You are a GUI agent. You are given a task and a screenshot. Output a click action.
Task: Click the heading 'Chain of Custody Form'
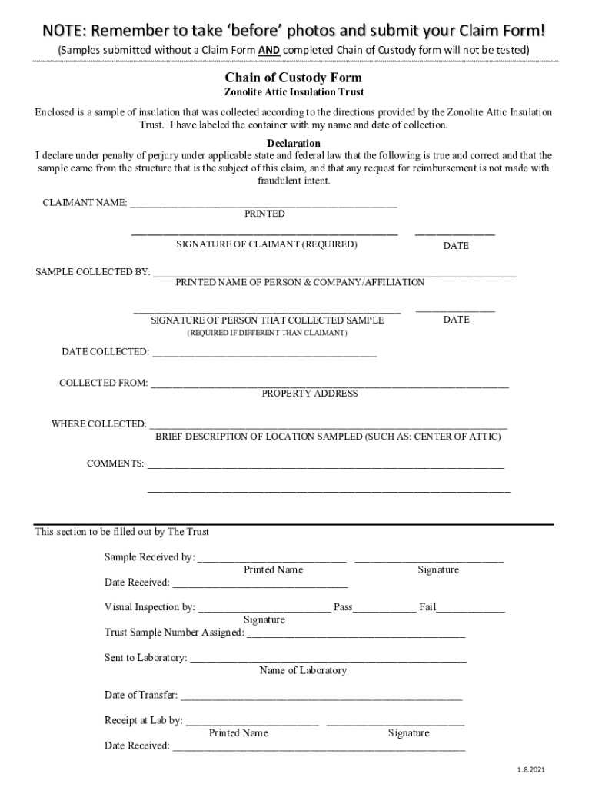click(293, 78)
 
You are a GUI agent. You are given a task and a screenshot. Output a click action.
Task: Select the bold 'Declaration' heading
click(293, 144)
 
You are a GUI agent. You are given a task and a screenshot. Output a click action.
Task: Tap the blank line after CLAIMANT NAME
click(263, 204)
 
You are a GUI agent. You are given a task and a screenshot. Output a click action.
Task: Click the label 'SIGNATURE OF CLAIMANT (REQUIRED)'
click(267, 244)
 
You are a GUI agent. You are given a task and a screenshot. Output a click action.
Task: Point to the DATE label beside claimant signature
click(455, 246)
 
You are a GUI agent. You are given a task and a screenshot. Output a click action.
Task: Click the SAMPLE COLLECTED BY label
click(93, 272)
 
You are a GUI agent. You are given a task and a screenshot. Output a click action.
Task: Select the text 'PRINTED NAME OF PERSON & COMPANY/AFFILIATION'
click(300, 283)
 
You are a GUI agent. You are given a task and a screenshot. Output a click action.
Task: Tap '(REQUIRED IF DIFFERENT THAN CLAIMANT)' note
click(267, 334)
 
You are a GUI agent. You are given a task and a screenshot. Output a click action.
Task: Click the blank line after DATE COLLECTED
click(264, 354)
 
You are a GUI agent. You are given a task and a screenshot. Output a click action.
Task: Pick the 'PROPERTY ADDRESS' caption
click(310, 393)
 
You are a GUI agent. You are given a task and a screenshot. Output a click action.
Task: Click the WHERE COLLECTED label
click(98, 423)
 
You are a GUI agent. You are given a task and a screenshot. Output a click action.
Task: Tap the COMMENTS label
click(115, 463)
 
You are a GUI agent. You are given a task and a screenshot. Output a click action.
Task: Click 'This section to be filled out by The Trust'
click(121, 532)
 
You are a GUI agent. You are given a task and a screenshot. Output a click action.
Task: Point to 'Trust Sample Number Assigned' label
click(174, 633)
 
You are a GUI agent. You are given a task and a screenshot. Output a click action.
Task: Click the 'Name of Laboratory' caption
click(303, 671)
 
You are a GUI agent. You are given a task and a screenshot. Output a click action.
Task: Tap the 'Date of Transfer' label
click(141, 696)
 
